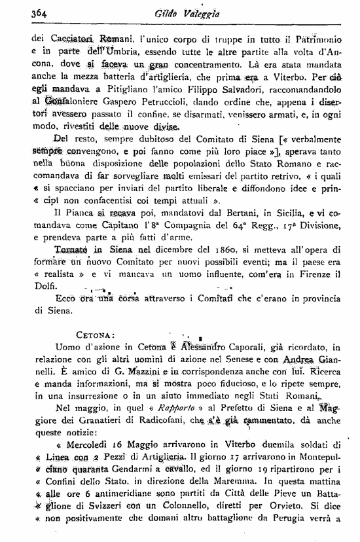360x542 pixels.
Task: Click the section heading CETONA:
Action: point(98,335)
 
